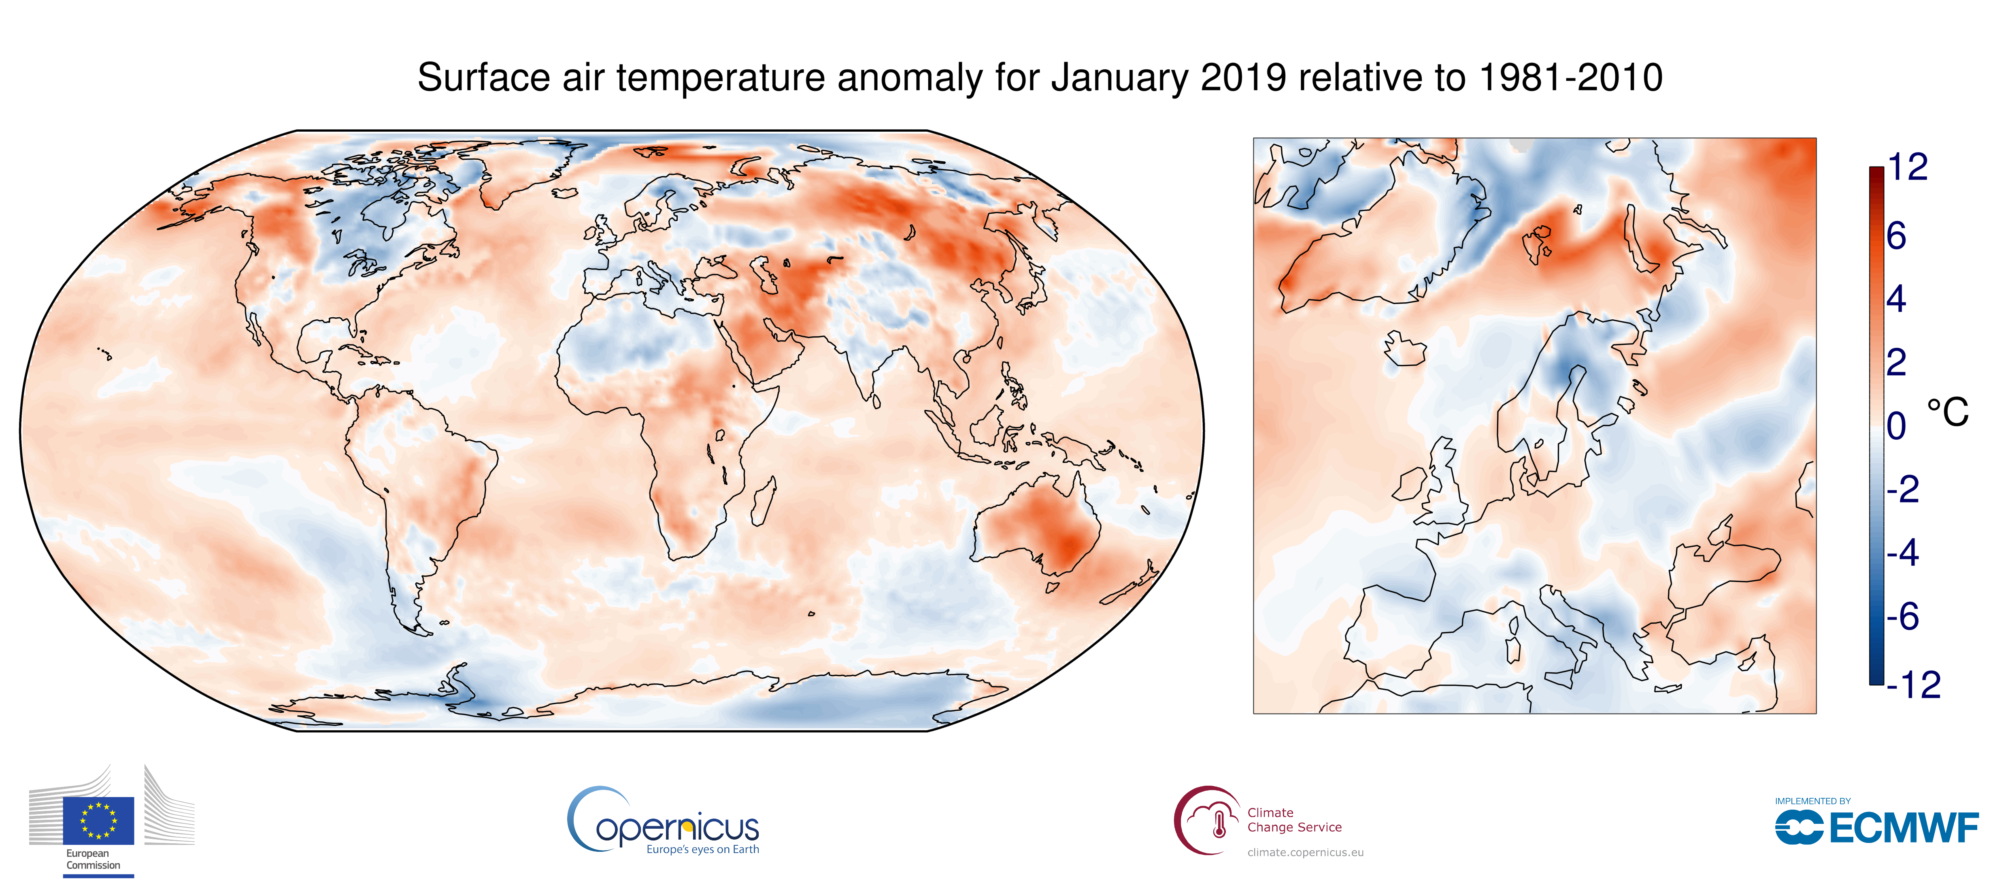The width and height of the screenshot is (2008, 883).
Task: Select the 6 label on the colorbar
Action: click(x=1897, y=235)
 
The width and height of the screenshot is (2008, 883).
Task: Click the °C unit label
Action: click(x=1947, y=412)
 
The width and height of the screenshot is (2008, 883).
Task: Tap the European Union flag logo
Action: click(x=98, y=821)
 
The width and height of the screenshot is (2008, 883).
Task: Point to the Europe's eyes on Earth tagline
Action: click(x=702, y=849)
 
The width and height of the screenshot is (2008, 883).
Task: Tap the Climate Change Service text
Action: click(x=1294, y=820)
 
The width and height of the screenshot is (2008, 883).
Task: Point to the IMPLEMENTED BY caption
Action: click(x=1812, y=801)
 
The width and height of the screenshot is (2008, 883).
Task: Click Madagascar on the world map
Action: click(x=764, y=501)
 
